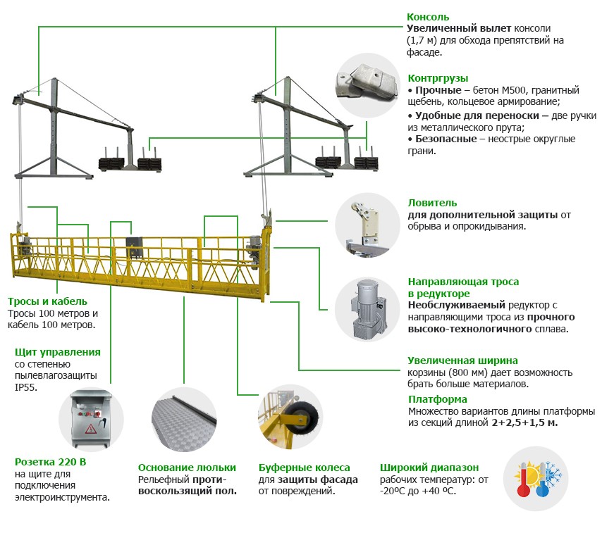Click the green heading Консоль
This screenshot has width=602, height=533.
pyautogui.click(x=428, y=17)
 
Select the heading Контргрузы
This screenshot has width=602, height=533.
pyautogui.click(x=438, y=78)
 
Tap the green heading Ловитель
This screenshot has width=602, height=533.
pyautogui.click(x=432, y=203)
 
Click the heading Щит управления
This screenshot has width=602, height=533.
pyautogui.click(x=57, y=352)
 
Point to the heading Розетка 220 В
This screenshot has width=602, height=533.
pyautogui.click(x=50, y=462)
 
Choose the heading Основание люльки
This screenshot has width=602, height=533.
pyautogui.click(x=187, y=468)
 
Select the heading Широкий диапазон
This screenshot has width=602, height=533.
pyautogui.click(x=429, y=468)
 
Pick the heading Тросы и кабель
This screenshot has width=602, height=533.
pyautogui.click(x=47, y=300)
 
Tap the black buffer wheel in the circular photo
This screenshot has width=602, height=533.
pyautogui.click(x=308, y=415)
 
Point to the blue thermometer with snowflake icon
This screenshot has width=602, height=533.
pyautogui.click(x=546, y=479)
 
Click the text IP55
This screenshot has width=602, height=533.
pyautogui.click(x=25, y=387)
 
